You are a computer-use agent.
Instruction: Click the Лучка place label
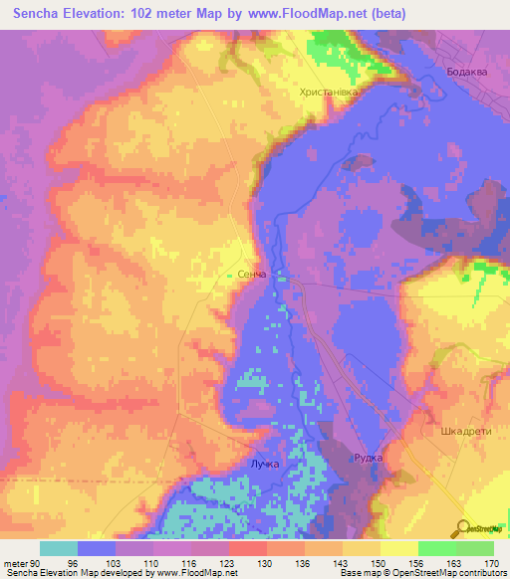264,465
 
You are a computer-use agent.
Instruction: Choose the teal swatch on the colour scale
59,548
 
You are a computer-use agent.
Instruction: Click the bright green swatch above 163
436,548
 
